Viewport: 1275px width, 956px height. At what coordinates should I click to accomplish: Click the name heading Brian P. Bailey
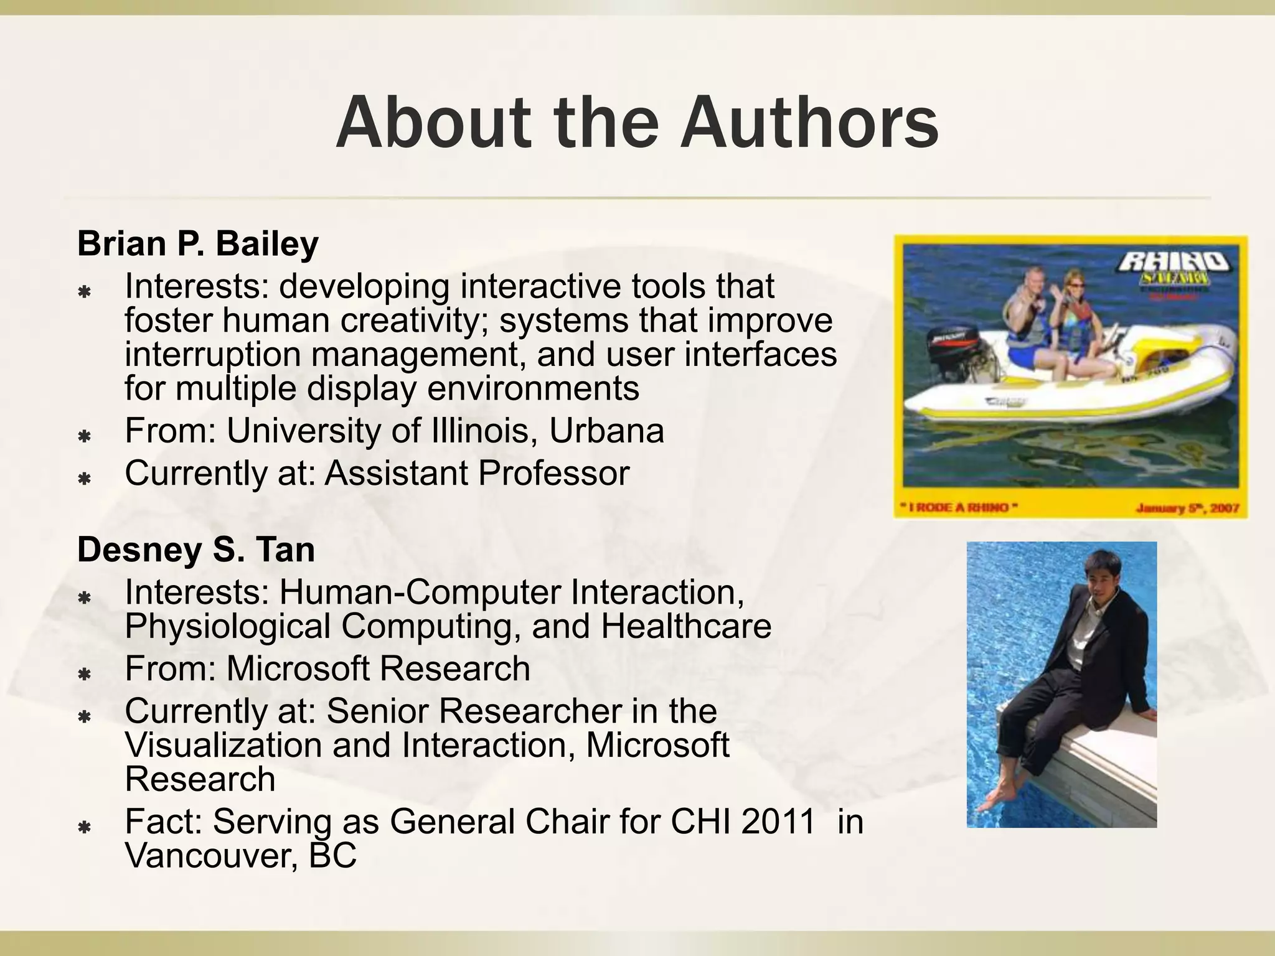[197, 243]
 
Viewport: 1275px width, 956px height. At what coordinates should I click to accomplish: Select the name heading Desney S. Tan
[195, 550]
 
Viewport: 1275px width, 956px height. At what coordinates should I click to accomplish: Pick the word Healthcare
[685, 627]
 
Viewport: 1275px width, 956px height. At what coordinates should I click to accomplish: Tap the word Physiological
[227, 627]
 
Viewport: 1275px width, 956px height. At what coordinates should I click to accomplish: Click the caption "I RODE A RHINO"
[959, 508]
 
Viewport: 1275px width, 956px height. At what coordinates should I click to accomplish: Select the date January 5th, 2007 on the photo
[1187, 508]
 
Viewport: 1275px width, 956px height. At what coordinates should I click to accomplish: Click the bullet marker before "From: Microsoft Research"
[85, 674]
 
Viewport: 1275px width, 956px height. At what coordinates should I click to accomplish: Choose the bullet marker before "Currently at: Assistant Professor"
[85, 479]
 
